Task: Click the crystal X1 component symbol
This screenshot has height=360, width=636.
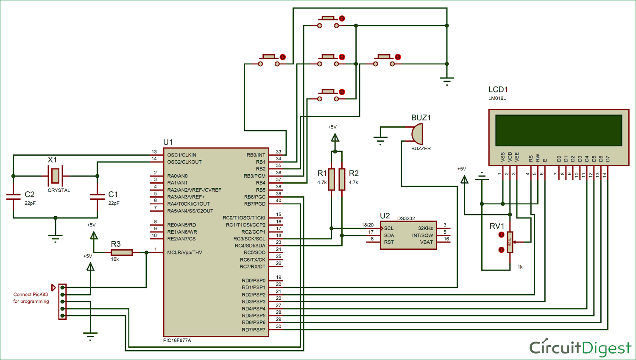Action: [55, 175]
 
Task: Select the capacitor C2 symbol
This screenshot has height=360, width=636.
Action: [14, 196]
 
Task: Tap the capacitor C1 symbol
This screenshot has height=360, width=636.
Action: [98, 196]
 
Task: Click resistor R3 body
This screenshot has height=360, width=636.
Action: [122, 252]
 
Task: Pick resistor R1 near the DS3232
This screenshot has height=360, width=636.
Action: [332, 179]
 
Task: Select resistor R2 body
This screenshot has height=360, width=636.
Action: [342, 179]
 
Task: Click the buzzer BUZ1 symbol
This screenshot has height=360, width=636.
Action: [417, 134]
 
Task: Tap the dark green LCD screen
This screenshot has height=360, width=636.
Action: [558, 130]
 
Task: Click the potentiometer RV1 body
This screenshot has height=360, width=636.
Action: [510, 242]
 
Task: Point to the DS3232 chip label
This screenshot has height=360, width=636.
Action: [406, 218]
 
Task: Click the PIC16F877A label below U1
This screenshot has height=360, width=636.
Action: [177, 340]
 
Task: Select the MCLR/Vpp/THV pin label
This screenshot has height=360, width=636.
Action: [184, 253]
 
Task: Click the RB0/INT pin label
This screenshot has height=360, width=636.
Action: [256, 155]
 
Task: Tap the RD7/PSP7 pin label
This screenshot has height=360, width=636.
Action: [254, 330]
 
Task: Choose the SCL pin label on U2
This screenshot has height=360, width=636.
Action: [389, 228]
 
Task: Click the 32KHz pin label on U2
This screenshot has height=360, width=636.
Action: [425, 228]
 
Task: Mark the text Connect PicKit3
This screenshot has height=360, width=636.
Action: [31, 294]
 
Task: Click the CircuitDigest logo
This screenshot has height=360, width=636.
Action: [580, 348]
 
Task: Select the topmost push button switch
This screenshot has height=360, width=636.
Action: [328, 22]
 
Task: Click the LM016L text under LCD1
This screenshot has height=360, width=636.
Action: [497, 98]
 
